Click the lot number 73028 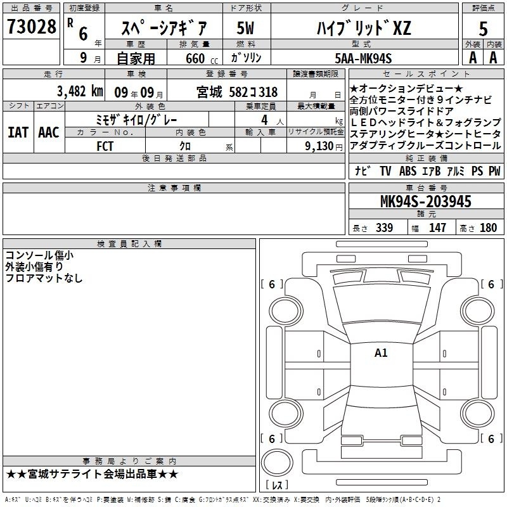[x=31, y=26]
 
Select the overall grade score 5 [x=483, y=29]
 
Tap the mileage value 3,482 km [x=80, y=91]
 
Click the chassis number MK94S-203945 [x=425, y=202]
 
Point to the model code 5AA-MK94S [x=363, y=58]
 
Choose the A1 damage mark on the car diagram [x=381, y=353]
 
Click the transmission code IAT [x=18, y=132]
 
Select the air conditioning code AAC [x=49, y=132]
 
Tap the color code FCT [x=105, y=146]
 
